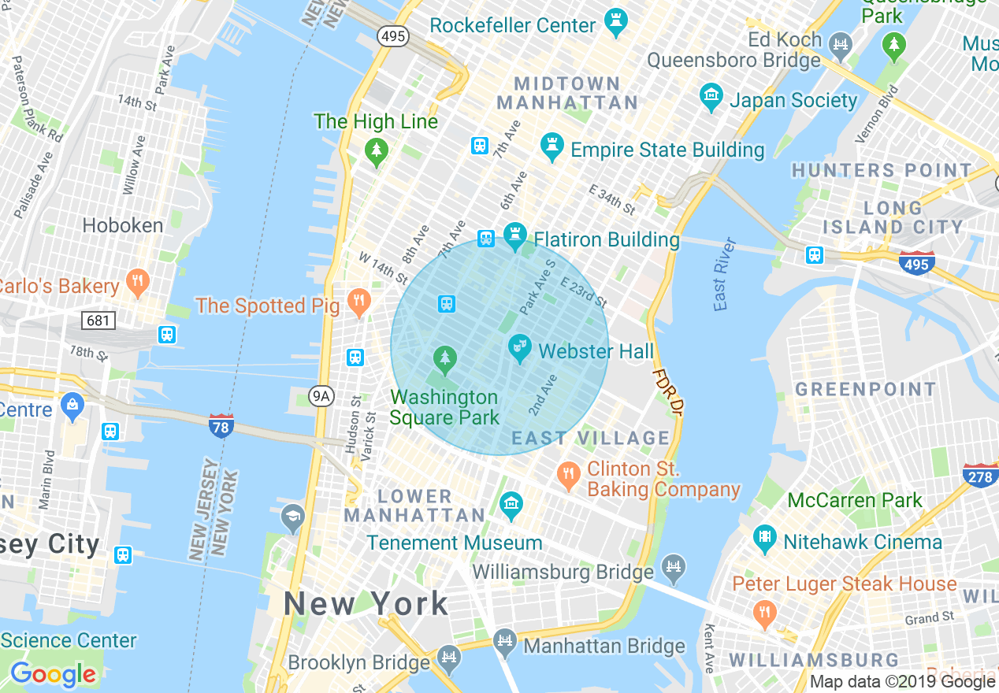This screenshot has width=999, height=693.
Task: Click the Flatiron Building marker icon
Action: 515,235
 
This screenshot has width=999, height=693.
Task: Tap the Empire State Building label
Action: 667,150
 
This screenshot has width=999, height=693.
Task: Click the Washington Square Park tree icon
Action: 445,360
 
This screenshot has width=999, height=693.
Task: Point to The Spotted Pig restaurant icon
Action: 359,302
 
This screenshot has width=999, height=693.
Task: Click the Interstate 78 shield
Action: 221,425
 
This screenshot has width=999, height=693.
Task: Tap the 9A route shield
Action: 321,396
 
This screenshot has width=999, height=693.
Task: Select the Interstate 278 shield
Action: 981,476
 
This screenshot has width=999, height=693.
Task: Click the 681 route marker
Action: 98,321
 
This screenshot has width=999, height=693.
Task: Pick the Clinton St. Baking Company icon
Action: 568,475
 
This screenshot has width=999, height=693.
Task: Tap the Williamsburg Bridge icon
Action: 674,565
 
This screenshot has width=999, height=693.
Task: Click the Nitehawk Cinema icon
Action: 764,539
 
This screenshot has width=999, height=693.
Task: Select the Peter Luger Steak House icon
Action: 763,612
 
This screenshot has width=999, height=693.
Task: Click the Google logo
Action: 53,675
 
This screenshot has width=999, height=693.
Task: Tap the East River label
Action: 722,274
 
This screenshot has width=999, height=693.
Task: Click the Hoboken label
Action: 123,225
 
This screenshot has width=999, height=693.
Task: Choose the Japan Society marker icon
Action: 711,97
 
